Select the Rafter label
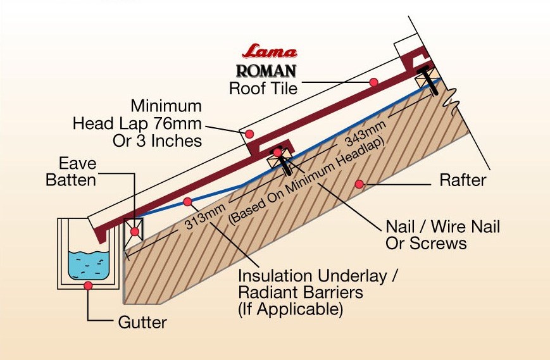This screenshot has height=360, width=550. click(463, 180)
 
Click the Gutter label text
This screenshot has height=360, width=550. click(142, 322)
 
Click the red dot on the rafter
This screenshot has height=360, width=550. click(359, 184)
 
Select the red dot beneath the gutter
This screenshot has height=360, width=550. click(89, 286)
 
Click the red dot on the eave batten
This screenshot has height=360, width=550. click(134, 232)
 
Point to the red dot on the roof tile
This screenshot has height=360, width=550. click(374, 82)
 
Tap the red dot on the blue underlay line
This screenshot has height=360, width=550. click(187, 202)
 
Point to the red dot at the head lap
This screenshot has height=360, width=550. click(250, 133)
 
